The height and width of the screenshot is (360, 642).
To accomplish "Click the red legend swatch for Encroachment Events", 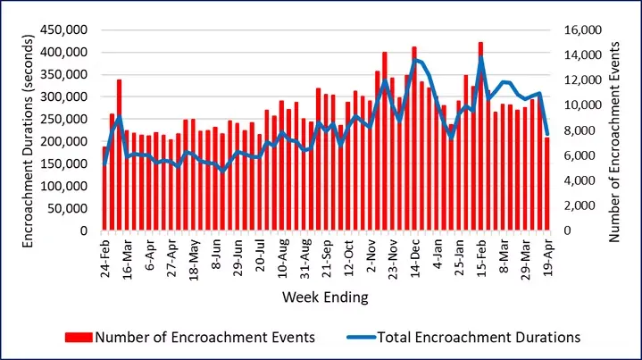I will pos(78,337).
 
